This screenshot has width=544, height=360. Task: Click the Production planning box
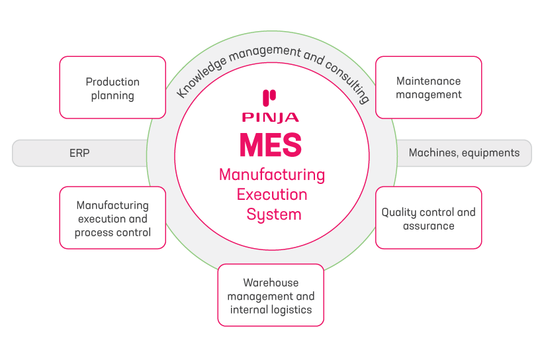point(113,88)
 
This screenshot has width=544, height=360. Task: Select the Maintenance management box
point(428,87)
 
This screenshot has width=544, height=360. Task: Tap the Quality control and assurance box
point(428,218)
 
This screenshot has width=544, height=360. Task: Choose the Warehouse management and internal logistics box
point(271,295)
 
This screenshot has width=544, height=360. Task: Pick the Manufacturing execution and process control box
point(113,218)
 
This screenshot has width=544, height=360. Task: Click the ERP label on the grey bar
point(79,153)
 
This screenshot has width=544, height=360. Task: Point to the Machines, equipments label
point(464,153)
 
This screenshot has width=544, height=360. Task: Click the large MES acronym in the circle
point(271,144)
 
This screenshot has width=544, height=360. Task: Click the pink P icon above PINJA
point(269,99)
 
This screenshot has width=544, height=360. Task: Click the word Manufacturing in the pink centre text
point(272,175)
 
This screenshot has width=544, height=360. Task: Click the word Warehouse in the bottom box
point(271,283)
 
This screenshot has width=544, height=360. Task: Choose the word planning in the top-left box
point(113,95)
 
